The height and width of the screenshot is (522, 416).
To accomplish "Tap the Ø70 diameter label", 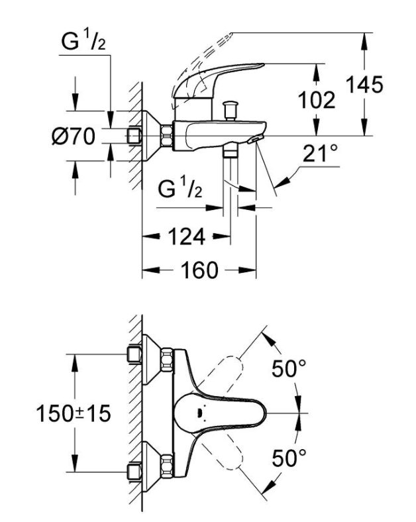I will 75,137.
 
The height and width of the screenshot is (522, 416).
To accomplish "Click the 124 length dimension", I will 187,236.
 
